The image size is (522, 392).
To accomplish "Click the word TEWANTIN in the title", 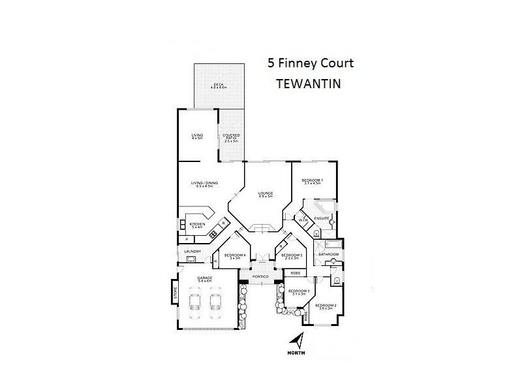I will click(x=311, y=84).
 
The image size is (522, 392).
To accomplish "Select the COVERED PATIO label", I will click(x=232, y=137).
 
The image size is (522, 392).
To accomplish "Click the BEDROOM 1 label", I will click(x=312, y=181).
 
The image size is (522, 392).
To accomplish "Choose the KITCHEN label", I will click(x=197, y=225).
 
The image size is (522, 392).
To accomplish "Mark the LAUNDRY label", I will click(x=192, y=251).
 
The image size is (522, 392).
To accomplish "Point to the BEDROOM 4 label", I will click(x=234, y=255).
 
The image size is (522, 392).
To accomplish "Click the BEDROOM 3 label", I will click(x=299, y=291).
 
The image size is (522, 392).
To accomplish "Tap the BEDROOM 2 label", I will click(x=326, y=306).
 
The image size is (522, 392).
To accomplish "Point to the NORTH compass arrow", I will click(x=297, y=341).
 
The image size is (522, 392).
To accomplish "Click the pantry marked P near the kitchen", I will click(x=187, y=239).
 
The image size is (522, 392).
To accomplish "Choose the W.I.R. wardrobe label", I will click(x=303, y=221).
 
